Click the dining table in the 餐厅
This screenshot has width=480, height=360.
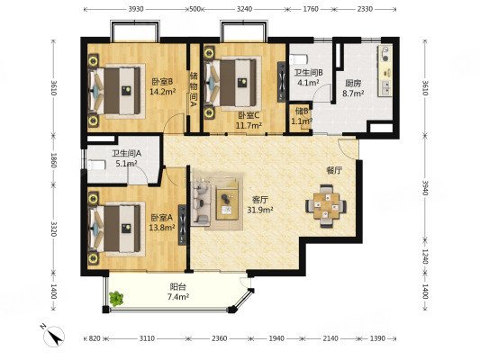(x=326, y=206)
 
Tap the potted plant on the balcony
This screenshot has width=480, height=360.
(x=115, y=299)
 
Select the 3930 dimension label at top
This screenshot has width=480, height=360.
(x=136, y=9)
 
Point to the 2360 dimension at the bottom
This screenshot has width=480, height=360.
(x=220, y=338)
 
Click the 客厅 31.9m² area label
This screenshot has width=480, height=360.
(x=260, y=204)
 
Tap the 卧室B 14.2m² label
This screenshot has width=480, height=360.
(x=162, y=86)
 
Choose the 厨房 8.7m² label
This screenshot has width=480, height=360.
(x=353, y=88)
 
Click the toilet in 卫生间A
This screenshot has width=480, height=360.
(x=96, y=166)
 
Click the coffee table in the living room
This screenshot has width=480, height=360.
(x=227, y=204)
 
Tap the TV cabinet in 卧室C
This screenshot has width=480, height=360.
(x=281, y=82)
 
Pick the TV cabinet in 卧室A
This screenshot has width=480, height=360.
(x=182, y=225)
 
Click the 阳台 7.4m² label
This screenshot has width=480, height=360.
(x=177, y=292)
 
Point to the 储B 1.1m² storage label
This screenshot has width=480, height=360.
(x=302, y=116)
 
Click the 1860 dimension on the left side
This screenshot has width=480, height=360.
(x=54, y=160)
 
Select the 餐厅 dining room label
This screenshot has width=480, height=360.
(x=334, y=171)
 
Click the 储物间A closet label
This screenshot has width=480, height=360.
(x=193, y=90)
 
